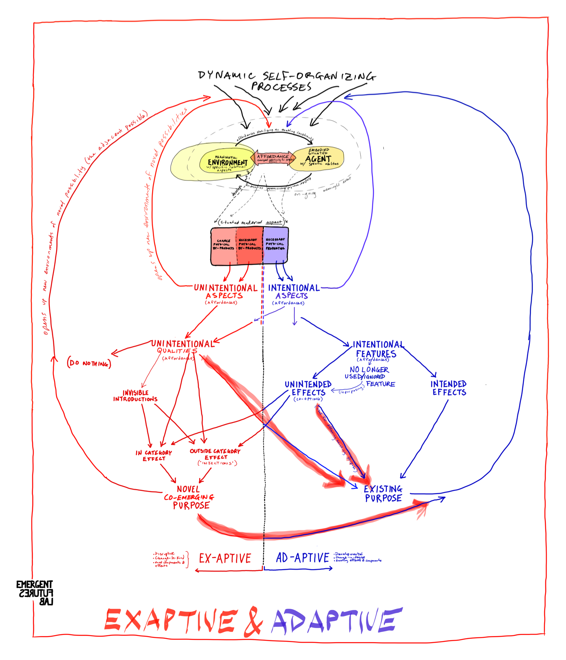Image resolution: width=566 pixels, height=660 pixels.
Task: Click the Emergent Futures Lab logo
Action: pos(35,593)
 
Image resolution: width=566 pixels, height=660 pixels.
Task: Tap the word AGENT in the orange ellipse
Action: pos(318,159)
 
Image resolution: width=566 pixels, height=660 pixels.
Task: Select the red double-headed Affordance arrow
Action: pos(273,158)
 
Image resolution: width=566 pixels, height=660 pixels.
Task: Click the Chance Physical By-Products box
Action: pos(224,245)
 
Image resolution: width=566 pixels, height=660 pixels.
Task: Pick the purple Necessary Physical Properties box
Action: pos(275,244)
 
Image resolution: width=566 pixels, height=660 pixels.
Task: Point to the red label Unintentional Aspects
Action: pos(225,292)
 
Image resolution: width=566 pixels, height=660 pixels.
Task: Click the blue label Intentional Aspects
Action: pos(294,292)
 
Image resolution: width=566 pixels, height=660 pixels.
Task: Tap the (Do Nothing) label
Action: pos(89,363)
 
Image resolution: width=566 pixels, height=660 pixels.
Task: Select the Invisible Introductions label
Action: pos(135,396)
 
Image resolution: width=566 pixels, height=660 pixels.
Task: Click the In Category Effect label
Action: pos(154,456)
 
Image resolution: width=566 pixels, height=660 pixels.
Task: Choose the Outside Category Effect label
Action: pos(215,454)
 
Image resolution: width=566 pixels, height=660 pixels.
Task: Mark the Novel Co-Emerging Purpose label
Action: pos(189,497)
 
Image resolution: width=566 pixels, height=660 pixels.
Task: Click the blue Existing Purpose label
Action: pos(383,494)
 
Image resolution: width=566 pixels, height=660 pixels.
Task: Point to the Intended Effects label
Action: pos(448,388)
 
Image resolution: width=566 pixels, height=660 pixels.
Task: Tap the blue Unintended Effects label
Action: pos(308,388)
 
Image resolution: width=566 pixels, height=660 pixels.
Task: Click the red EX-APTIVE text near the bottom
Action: pos(225,558)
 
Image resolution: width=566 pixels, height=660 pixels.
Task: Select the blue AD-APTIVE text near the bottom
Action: pos(302,558)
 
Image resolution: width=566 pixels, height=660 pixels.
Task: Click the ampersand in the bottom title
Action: pos(253,621)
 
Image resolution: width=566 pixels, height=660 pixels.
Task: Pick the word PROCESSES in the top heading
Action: pos(281,86)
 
